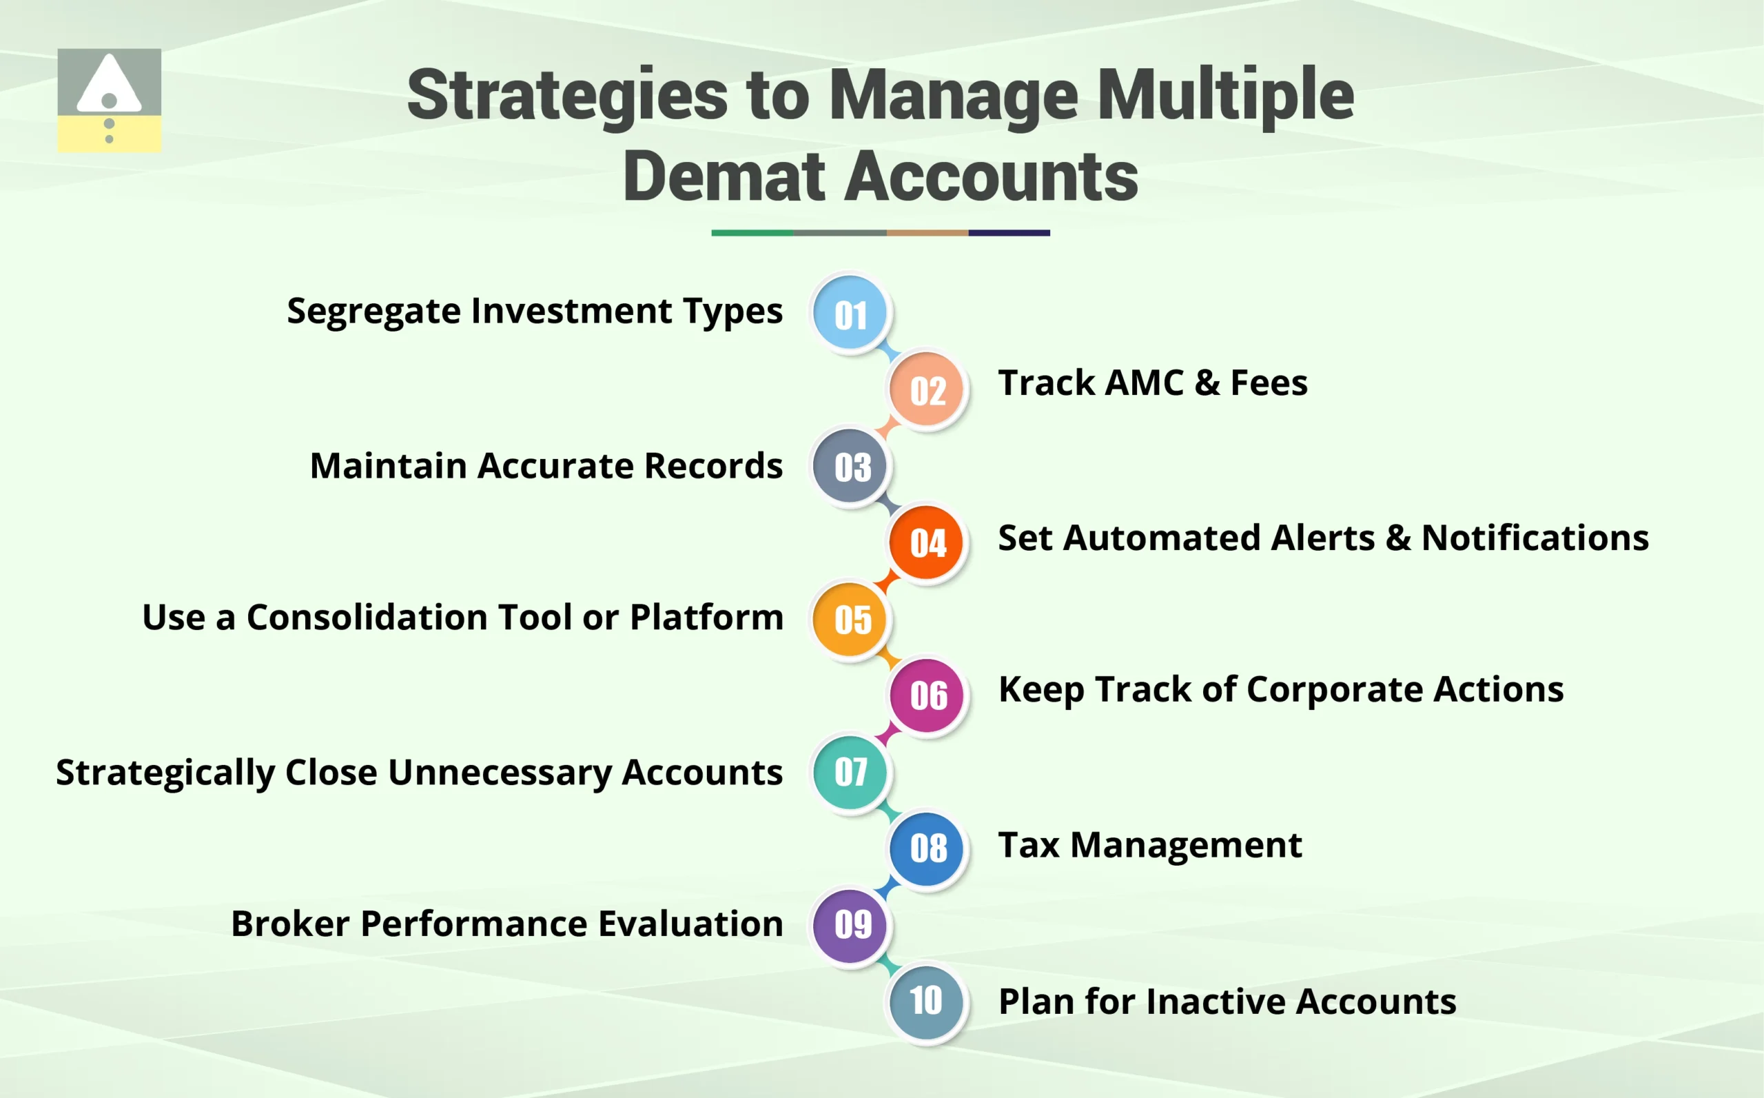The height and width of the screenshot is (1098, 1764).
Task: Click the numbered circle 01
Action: (x=850, y=314)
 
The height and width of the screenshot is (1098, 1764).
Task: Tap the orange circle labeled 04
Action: (x=926, y=542)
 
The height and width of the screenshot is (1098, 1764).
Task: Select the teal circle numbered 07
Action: (x=850, y=771)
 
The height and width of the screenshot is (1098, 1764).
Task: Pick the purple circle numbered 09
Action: (x=850, y=924)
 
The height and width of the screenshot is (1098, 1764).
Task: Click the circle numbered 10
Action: (x=926, y=1001)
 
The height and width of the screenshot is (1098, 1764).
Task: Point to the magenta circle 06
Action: (x=926, y=695)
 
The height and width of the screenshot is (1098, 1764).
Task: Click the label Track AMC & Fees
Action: (x=1152, y=383)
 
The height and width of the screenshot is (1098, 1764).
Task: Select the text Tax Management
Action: (x=1150, y=845)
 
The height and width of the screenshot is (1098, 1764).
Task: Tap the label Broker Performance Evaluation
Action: (x=506, y=924)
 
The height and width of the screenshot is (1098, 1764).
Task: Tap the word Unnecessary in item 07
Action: (x=500, y=773)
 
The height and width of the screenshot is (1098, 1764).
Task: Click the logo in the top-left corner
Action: (x=109, y=100)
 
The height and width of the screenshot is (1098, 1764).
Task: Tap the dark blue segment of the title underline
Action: (x=1008, y=233)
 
